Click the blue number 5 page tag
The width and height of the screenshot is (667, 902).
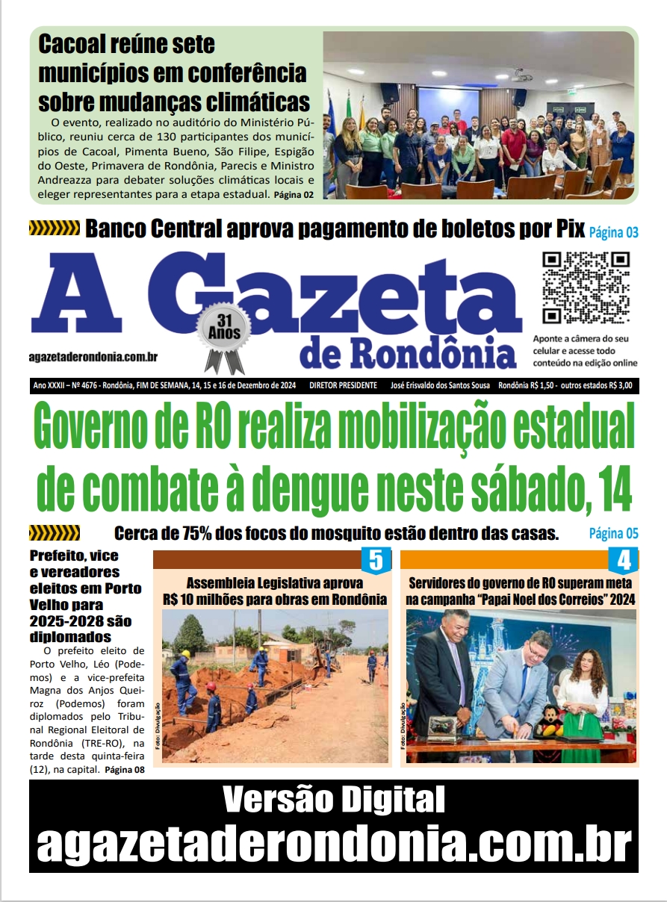pos(376,560)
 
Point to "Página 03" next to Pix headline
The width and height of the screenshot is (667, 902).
pos(613,232)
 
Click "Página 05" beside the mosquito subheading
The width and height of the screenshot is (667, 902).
pos(613,534)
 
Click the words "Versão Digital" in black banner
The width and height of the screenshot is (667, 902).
pos(333,801)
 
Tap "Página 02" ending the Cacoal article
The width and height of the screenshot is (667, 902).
pos(294,195)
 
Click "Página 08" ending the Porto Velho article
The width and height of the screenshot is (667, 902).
pos(125,770)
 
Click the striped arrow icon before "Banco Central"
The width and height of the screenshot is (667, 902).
pos(54,228)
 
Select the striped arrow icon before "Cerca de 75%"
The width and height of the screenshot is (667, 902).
pos(54,533)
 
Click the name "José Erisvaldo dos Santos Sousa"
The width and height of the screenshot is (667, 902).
pos(441,386)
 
